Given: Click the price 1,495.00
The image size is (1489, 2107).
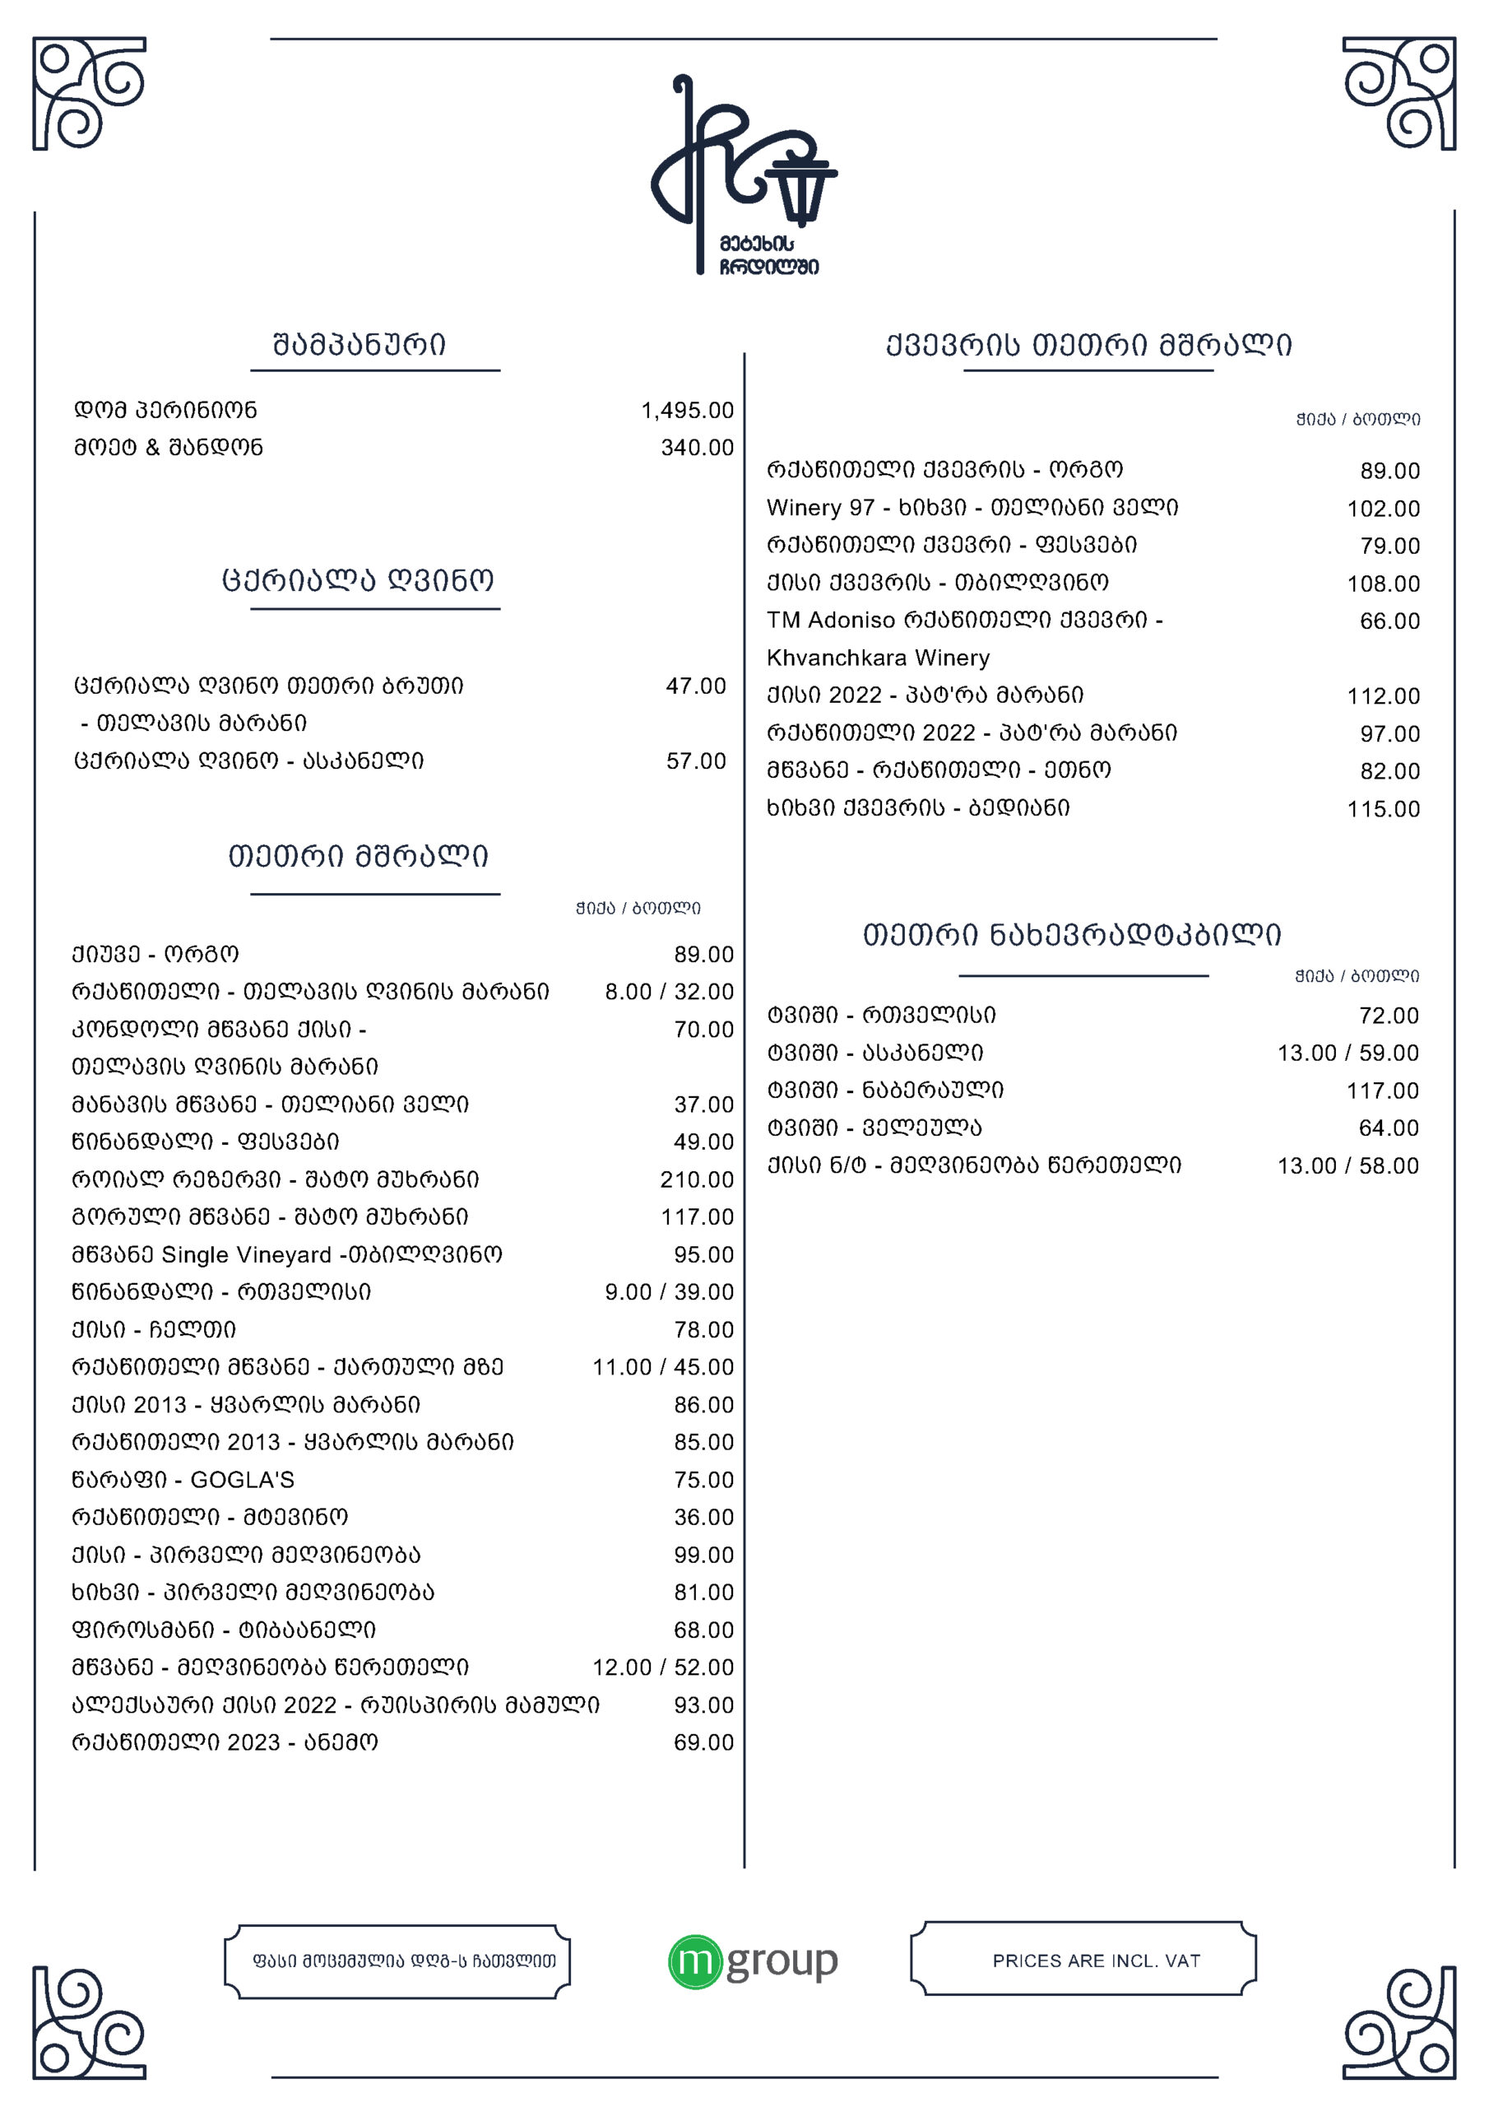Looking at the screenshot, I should [x=687, y=410].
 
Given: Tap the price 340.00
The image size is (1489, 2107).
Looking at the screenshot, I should [x=698, y=448].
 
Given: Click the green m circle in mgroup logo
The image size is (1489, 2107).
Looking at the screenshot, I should [x=694, y=1963].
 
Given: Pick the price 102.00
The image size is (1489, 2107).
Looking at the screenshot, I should [x=1383, y=509].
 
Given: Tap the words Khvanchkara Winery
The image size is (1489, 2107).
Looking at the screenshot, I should [x=878, y=658].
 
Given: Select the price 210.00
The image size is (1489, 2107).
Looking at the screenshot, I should [x=698, y=1179].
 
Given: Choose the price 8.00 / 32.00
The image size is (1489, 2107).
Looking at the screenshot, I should [x=669, y=992].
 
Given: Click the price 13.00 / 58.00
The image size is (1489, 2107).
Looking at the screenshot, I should [x=1348, y=1165].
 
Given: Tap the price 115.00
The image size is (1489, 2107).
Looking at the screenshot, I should [x=1383, y=808].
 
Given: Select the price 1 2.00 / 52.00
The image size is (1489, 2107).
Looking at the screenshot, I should [x=662, y=1667].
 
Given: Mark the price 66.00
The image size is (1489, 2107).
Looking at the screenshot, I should [x=1389, y=621].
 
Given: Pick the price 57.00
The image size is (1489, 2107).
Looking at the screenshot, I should [x=695, y=760].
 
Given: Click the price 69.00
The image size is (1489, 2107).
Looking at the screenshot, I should [x=703, y=1742].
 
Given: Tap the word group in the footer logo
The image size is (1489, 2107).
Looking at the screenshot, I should [x=782, y=1961].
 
